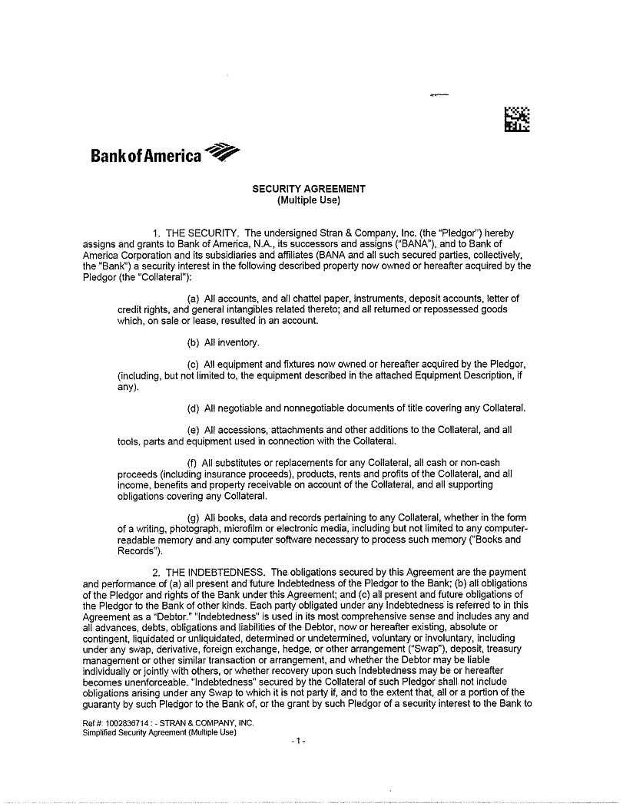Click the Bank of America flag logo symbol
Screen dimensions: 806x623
(224, 152)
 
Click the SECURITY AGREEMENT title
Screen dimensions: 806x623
(309, 189)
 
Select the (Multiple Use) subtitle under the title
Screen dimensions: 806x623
(309, 201)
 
